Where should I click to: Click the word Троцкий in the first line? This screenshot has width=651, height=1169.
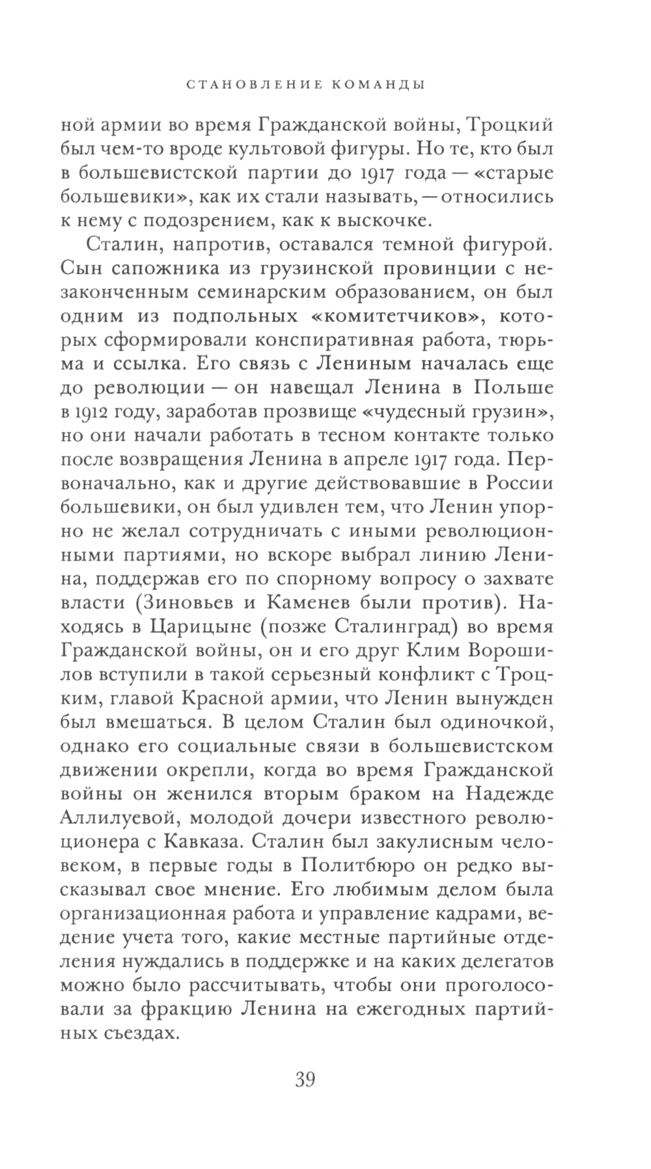pos(498,124)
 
